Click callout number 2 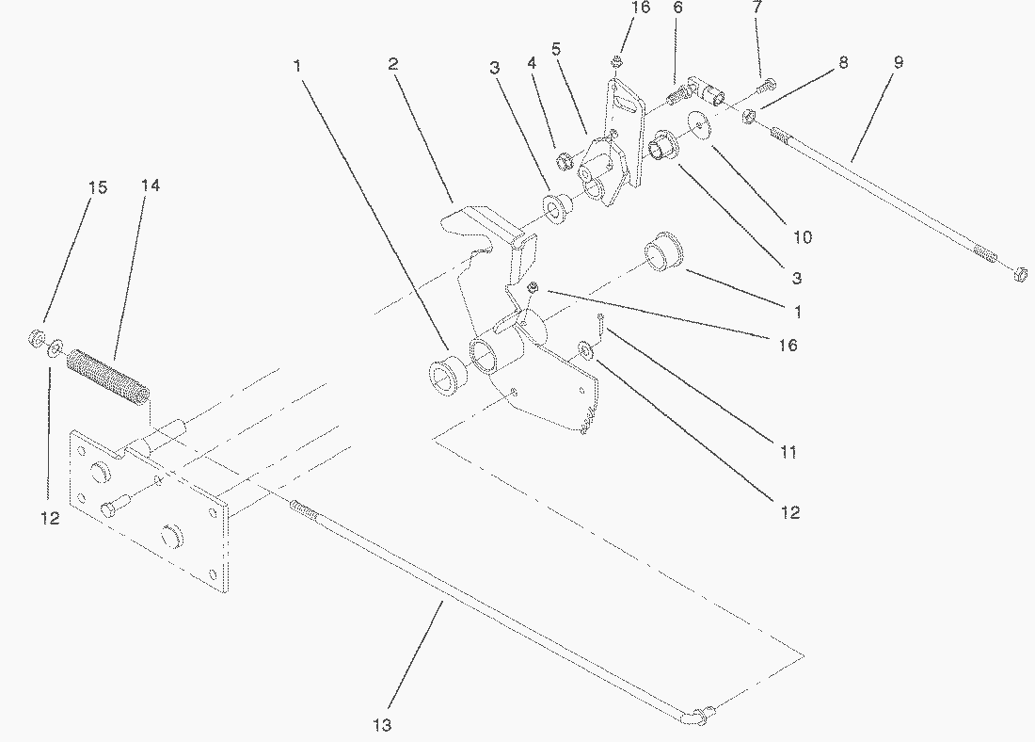click(x=393, y=64)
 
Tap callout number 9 click(x=898, y=62)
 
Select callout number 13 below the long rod click(x=381, y=725)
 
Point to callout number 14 click(x=151, y=185)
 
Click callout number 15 click(x=98, y=187)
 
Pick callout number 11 click(x=788, y=452)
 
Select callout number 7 click(x=758, y=8)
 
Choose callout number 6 click(x=677, y=8)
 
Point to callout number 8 click(x=843, y=62)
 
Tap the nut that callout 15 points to click(x=36, y=336)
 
